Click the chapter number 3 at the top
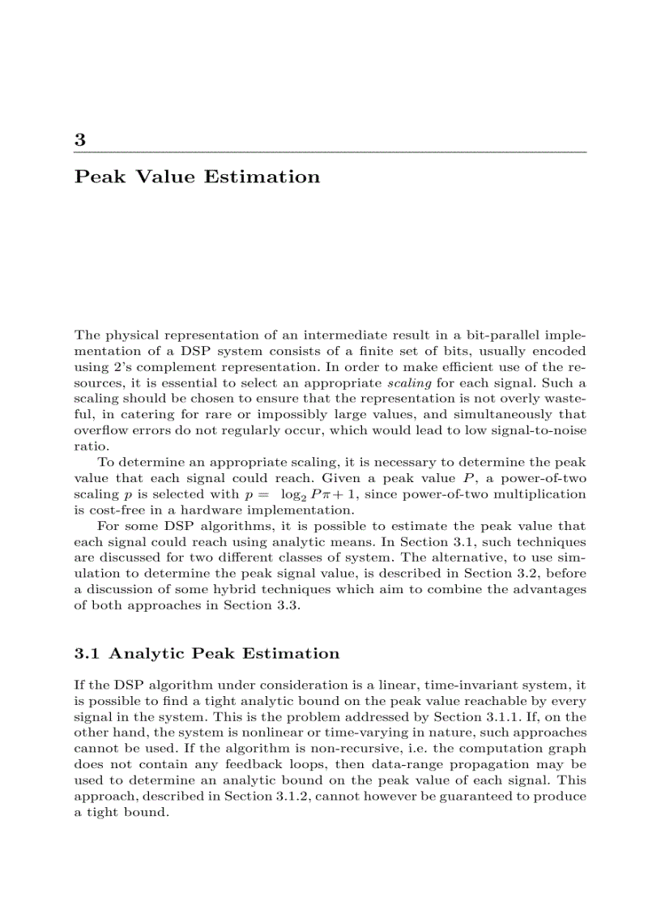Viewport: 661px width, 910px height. (80, 139)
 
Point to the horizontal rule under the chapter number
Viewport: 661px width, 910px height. (330, 152)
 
